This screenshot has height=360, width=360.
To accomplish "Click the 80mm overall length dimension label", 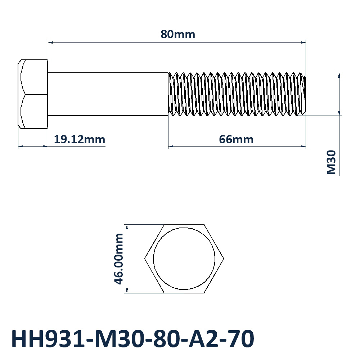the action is click(x=178, y=35).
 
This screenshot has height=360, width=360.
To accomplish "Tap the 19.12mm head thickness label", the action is click(x=80, y=139).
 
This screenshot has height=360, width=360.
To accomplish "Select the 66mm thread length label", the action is click(x=236, y=139).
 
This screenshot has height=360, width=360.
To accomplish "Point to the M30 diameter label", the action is click(x=331, y=162).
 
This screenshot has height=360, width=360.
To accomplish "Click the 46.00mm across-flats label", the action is click(x=119, y=259).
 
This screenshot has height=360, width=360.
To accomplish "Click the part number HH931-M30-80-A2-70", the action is click(x=133, y=339).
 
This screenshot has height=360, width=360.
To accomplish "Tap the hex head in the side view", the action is click(x=33, y=94).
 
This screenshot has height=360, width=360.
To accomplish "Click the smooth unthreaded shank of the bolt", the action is click(x=108, y=94).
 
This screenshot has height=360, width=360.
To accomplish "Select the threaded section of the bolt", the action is click(x=237, y=94).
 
